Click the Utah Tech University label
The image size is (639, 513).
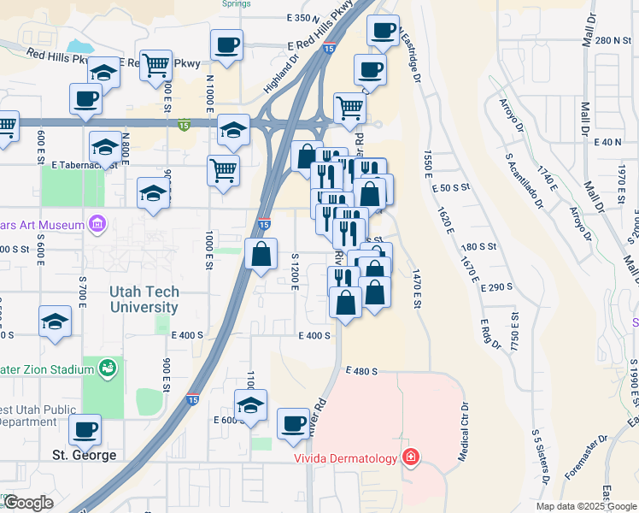point(144,299)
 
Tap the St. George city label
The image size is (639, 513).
point(83,455)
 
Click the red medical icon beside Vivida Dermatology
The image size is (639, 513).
point(411,458)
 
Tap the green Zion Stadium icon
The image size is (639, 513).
point(107,369)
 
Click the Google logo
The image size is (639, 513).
point(28,503)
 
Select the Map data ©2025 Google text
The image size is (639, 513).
point(586,506)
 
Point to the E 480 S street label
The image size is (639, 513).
point(361,371)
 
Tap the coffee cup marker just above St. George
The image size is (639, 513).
point(85,429)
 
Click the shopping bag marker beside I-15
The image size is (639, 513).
point(261,253)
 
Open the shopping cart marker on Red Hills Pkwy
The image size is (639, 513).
point(155,63)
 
